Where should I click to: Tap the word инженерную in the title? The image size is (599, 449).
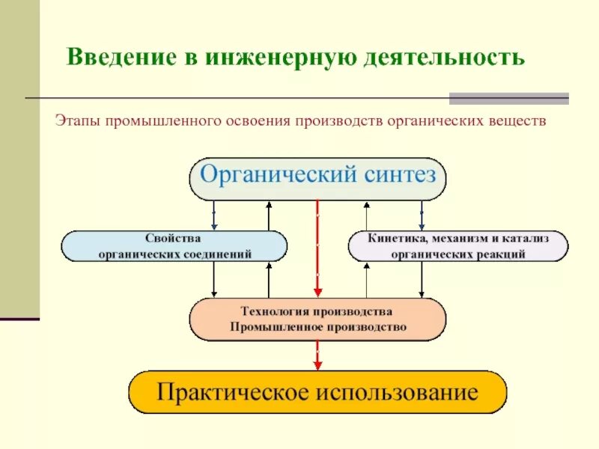point(261,57)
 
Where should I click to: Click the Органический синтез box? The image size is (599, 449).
point(317,178)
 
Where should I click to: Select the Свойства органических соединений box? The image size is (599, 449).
point(174,245)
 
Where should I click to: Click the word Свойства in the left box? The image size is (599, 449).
point(174,238)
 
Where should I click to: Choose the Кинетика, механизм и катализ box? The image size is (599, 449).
point(458,245)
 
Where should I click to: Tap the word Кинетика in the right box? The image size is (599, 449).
point(395,238)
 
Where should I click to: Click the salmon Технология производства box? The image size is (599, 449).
point(317,319)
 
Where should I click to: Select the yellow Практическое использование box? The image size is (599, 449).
point(317,392)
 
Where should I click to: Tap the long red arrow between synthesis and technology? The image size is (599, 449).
point(317,247)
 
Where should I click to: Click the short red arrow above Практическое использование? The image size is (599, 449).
point(317,355)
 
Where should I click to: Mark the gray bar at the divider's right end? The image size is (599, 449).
point(508,98)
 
